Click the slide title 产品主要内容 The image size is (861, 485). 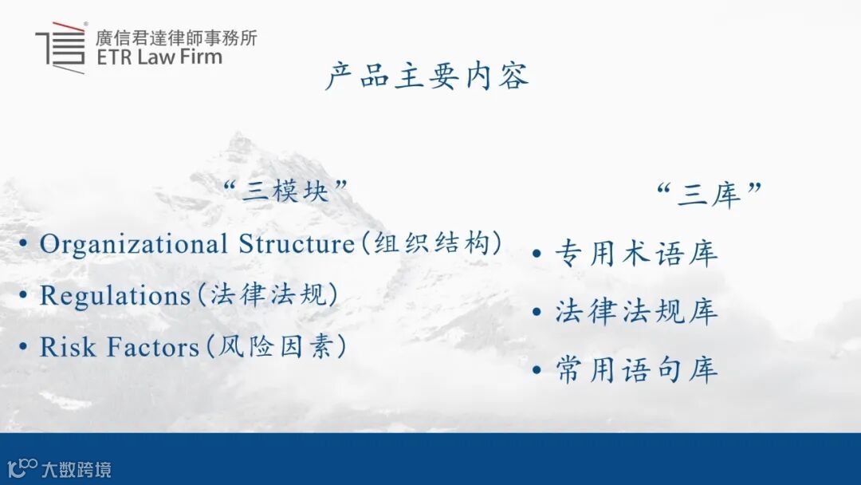coord(427,76)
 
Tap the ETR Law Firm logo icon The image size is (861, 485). coord(61,48)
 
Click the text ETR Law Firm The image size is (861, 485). coord(159,57)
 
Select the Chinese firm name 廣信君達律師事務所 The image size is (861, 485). coord(175,37)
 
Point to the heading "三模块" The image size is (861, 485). coord(286,191)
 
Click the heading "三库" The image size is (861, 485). coord(710,195)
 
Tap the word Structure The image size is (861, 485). coord(297,244)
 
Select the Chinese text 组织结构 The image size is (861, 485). coord(431,242)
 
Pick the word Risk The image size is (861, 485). coord(68,347)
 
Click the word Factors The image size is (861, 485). coord(152,347)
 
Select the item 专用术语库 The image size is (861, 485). coord(636,253)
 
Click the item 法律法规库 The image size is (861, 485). coord(636,311)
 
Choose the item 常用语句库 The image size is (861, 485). coord(636,369)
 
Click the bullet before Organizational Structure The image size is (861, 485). coord(23,242)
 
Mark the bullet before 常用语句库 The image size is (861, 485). coord(537,370)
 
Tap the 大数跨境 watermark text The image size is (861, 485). coord(77,470)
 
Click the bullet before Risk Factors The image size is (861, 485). coord(23,346)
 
